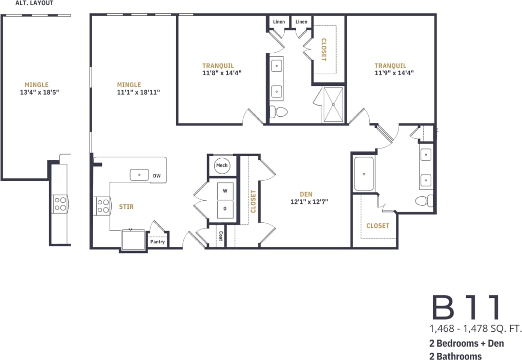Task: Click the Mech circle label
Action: coord(221,165)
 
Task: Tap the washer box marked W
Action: coord(225,190)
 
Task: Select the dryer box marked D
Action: coord(225,208)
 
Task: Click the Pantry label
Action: coord(158,241)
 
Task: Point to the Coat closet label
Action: coord(220,236)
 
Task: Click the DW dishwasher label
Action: coord(157,176)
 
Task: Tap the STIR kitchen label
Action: coord(126,206)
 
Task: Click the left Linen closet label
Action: coord(279,22)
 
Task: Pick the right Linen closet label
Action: coord(302,22)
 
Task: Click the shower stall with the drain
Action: coord(334,104)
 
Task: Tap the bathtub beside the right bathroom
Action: coord(364,174)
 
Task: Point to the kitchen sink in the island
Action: coord(139,175)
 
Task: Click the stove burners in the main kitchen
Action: coord(103,206)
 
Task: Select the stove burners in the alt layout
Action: coord(59,204)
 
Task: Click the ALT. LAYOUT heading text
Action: coord(34,3)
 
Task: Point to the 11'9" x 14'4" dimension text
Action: coord(394,73)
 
